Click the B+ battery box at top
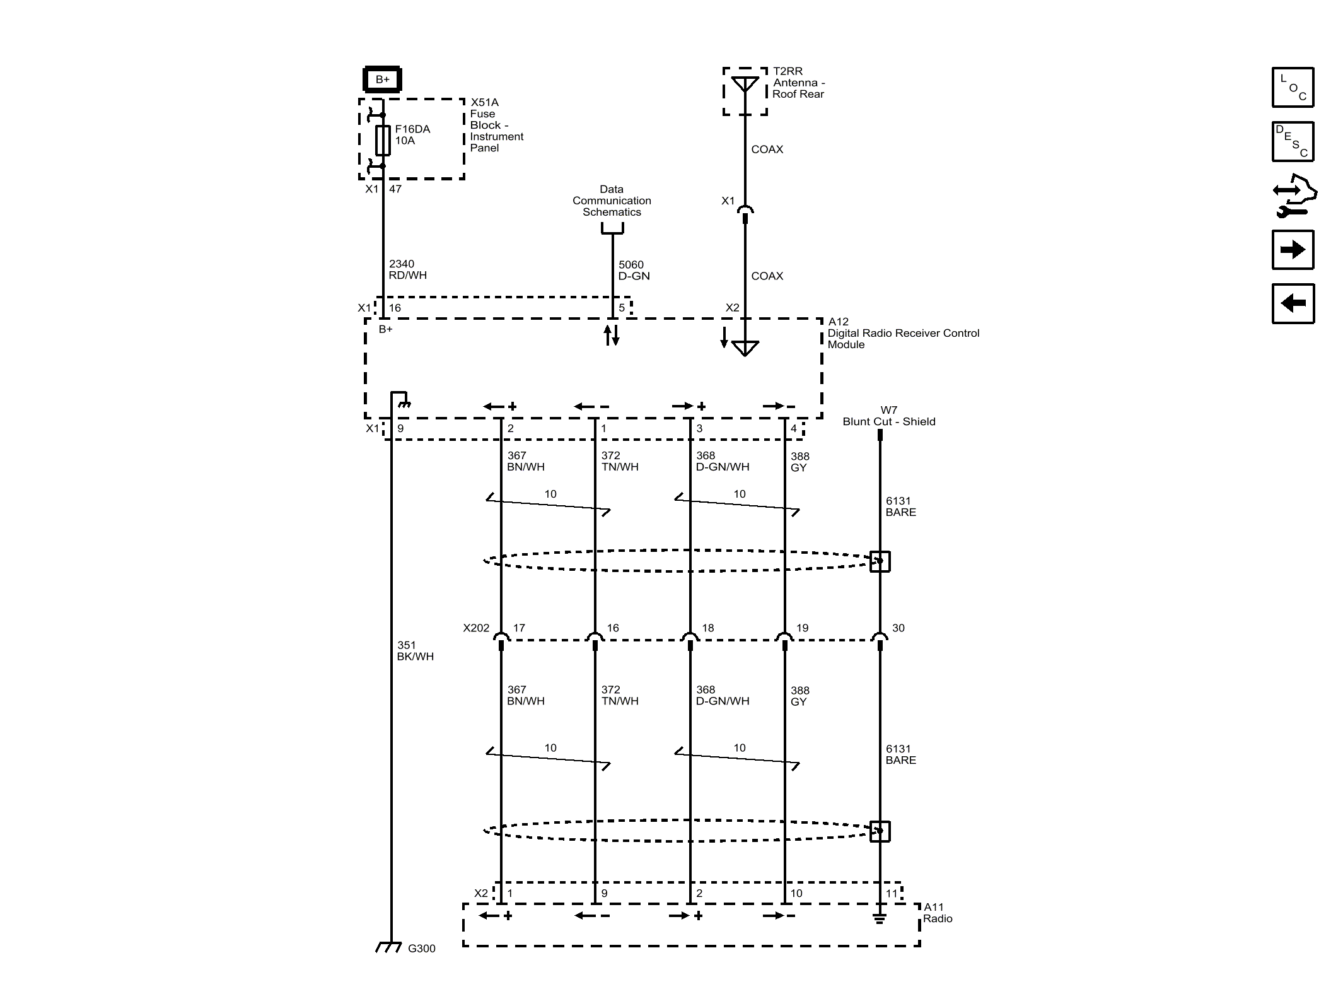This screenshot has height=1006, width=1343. click(x=382, y=79)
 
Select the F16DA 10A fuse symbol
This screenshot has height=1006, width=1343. click(x=383, y=140)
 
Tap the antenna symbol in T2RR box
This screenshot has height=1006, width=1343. click(x=745, y=85)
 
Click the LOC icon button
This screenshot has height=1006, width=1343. click(x=1293, y=87)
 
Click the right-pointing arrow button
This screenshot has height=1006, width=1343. click(x=1293, y=250)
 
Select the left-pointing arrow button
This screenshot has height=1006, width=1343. click(x=1293, y=303)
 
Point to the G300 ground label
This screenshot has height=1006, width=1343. click(x=421, y=949)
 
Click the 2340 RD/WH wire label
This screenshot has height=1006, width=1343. click(x=407, y=270)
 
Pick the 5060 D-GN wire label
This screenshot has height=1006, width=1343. click(x=633, y=271)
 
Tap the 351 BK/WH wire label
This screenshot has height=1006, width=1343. click(x=415, y=651)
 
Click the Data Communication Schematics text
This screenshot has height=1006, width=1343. click(x=612, y=201)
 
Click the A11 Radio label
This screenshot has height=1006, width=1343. click(x=937, y=913)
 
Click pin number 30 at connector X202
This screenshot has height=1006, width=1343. click(x=898, y=628)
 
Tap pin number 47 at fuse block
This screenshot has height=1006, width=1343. click(x=395, y=189)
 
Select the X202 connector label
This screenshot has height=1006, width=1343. click(x=476, y=628)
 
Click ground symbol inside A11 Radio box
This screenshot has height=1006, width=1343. click(x=880, y=919)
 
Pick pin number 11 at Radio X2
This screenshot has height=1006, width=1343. click(x=891, y=893)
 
